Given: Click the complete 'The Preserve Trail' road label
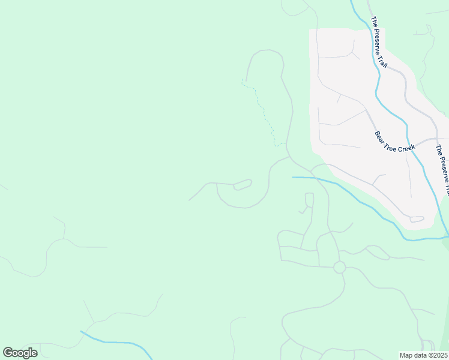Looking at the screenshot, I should point(379,41).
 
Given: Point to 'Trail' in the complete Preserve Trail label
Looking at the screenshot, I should point(383,59).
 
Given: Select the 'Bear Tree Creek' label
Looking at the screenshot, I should point(394,141).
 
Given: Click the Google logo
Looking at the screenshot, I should point(20,353).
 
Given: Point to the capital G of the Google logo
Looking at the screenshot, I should point(8,352).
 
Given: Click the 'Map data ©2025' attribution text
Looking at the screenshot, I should point(423,355).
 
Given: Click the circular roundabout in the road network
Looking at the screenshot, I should point(339,267).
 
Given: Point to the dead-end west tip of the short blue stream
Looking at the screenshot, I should point(293,177).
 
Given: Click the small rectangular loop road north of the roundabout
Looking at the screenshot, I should point(310,200).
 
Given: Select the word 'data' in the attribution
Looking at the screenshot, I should point(418,355).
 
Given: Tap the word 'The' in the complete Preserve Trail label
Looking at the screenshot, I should point(373,22).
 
